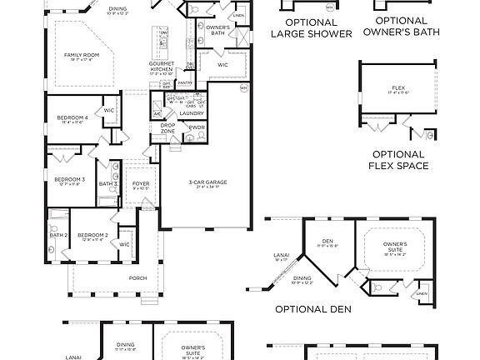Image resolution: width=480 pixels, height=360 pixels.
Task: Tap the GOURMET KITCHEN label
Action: [161, 64]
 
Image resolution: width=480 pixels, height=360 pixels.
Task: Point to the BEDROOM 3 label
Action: [69, 179]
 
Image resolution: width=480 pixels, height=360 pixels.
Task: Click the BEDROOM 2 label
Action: [92, 235]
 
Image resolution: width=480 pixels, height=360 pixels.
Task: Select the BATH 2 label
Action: [57, 235]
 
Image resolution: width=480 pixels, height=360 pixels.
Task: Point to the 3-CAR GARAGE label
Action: [209, 182]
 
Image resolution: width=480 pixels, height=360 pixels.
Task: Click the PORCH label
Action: [137, 278]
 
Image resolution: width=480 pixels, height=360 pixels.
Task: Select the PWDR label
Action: [197, 127]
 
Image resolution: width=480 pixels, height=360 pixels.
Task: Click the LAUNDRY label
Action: [192, 112]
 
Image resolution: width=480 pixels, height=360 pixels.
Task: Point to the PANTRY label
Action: [185, 82]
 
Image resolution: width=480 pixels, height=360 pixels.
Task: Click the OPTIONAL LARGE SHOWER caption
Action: [306, 27]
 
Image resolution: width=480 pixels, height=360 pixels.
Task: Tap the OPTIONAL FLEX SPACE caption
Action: [398, 160]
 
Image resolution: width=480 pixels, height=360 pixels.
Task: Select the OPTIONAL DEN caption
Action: [313, 308]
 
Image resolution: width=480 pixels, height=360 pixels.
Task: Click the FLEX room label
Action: [397, 88]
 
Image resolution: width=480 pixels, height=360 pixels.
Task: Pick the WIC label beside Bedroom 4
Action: [109, 110]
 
